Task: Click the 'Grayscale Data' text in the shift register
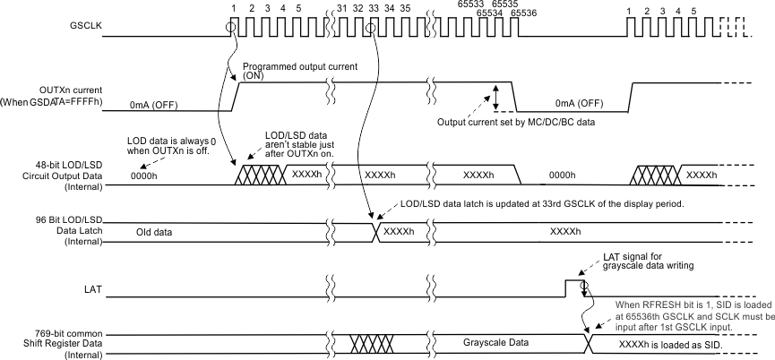[x=499, y=342]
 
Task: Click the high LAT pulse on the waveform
[x=573, y=287]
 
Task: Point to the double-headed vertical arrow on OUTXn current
[x=494, y=96]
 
